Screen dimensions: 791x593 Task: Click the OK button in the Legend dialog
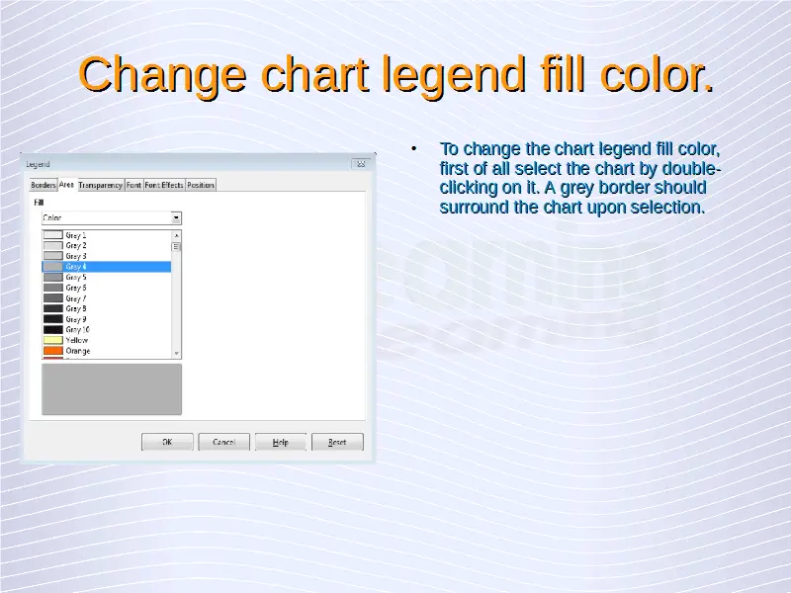pyautogui.click(x=167, y=442)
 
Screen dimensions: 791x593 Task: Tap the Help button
pyautogui.click(x=281, y=442)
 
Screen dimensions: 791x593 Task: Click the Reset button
pyautogui.click(x=337, y=442)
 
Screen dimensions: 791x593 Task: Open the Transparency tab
pyautogui.click(x=101, y=185)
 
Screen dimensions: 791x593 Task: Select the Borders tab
pyautogui.click(x=44, y=185)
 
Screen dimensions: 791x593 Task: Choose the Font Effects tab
pyautogui.click(x=164, y=185)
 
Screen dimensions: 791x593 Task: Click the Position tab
pyautogui.click(x=201, y=185)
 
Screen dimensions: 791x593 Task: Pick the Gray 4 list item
pyautogui.click(x=107, y=266)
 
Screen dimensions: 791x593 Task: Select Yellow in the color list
pyautogui.click(x=77, y=340)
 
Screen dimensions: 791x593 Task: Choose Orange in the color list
pyautogui.click(x=78, y=351)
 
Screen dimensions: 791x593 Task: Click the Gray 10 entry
pyautogui.click(x=78, y=330)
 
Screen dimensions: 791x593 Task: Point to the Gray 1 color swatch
pyautogui.click(x=53, y=235)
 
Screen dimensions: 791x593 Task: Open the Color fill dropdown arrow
pyautogui.click(x=176, y=217)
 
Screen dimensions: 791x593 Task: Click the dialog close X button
pyautogui.click(x=361, y=164)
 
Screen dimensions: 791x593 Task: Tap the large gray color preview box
pyautogui.click(x=112, y=389)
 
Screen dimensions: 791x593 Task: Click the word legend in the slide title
pyautogui.click(x=453, y=75)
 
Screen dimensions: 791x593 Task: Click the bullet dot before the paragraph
pyautogui.click(x=414, y=149)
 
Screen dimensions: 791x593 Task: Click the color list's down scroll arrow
pyautogui.click(x=176, y=353)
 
